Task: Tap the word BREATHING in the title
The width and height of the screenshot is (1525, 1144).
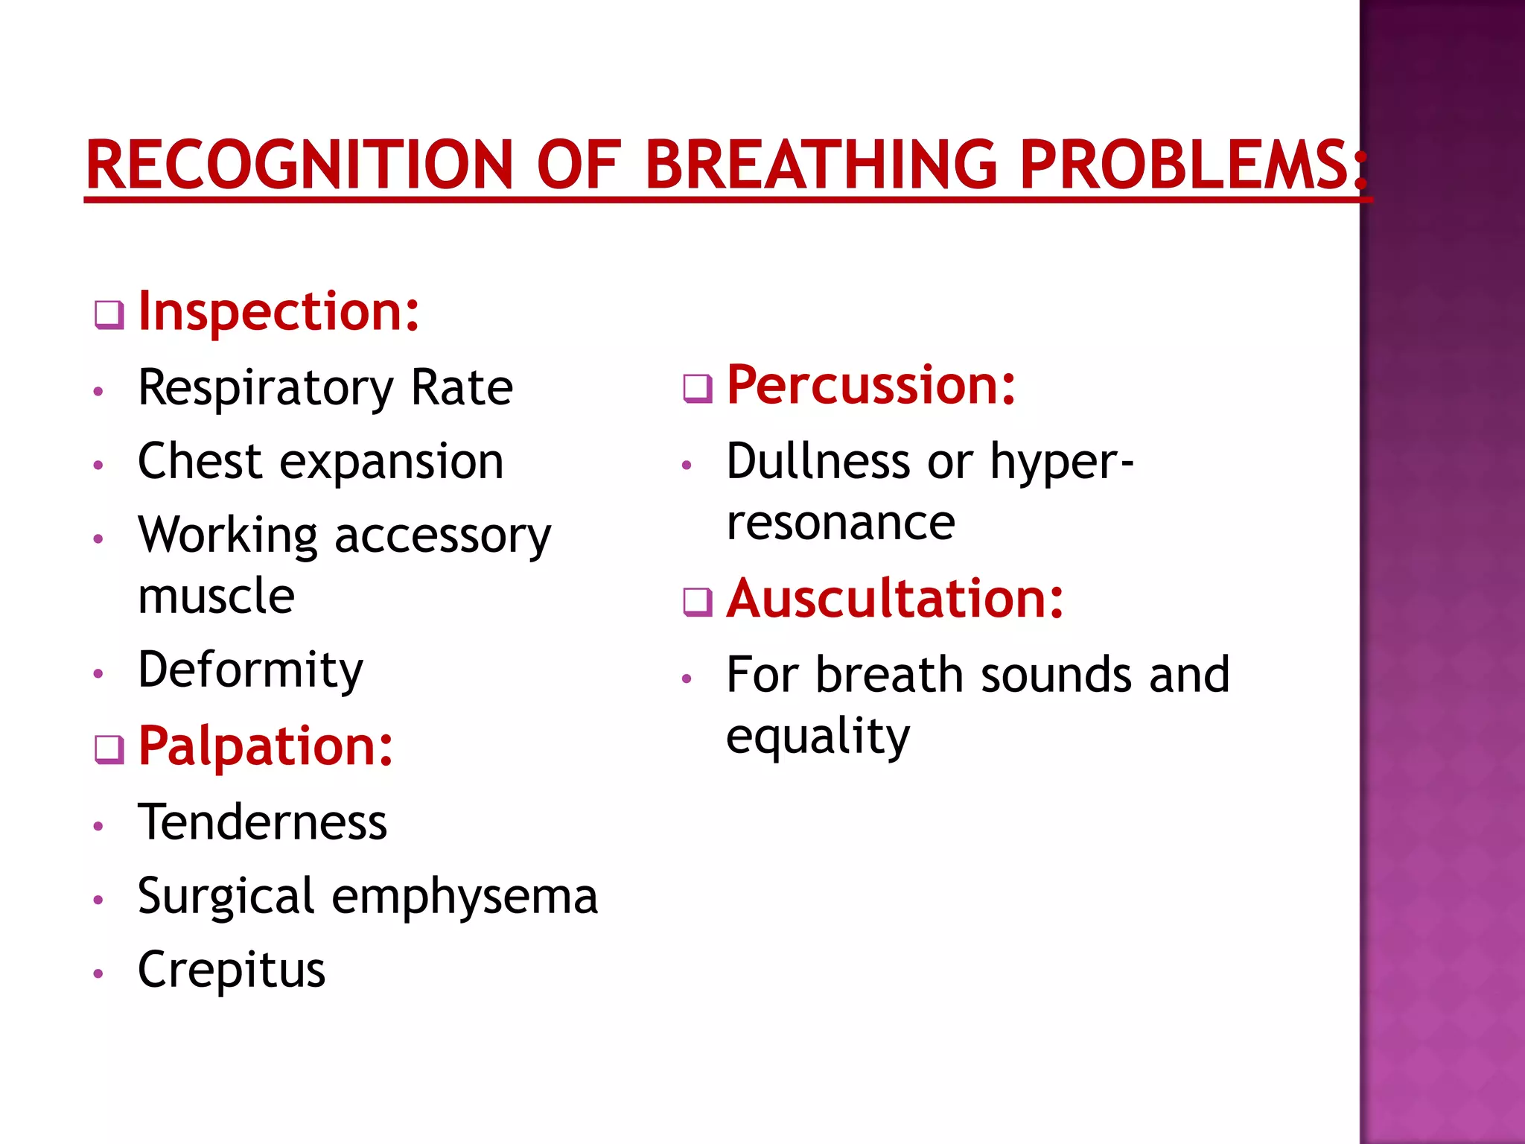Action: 821,165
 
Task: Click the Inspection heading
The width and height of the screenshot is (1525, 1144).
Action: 279,311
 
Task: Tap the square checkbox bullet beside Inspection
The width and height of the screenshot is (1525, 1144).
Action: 109,315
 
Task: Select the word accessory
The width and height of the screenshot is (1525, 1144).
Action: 443,536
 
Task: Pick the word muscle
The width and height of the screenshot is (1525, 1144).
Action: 217,597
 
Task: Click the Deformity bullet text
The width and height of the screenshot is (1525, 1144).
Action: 251,670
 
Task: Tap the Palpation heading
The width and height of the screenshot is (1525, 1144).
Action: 266,746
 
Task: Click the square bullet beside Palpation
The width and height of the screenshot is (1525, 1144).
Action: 109,750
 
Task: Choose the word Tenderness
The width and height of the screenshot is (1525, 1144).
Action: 263,823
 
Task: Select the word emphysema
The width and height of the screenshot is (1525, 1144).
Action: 465,897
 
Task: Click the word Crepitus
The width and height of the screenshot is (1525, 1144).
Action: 232,970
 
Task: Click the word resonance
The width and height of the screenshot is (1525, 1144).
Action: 841,523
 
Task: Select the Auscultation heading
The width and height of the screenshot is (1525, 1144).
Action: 895,599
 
